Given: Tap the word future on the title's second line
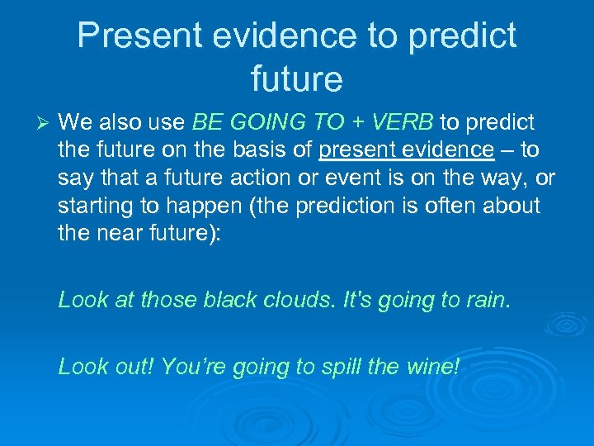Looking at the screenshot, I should click(296, 80).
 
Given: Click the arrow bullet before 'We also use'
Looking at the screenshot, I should click(45, 123).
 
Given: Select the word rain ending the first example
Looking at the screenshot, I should click(488, 299).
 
